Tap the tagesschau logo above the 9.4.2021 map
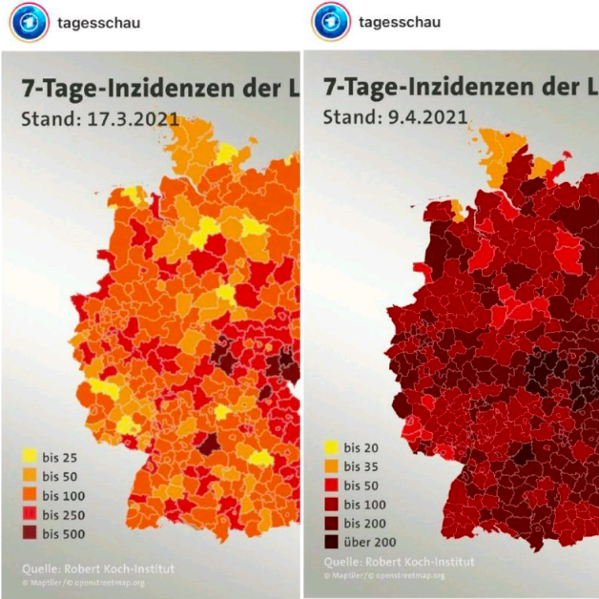pos(330,22)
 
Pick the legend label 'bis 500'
pos(63,533)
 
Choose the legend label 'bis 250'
pos(63,514)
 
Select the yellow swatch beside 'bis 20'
pos(330,447)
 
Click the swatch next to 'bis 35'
pos(330,466)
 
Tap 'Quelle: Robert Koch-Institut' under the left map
pos(98,568)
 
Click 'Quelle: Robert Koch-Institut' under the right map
pos(400,562)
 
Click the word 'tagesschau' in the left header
pos(98,22)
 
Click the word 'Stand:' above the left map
pos(45,119)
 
